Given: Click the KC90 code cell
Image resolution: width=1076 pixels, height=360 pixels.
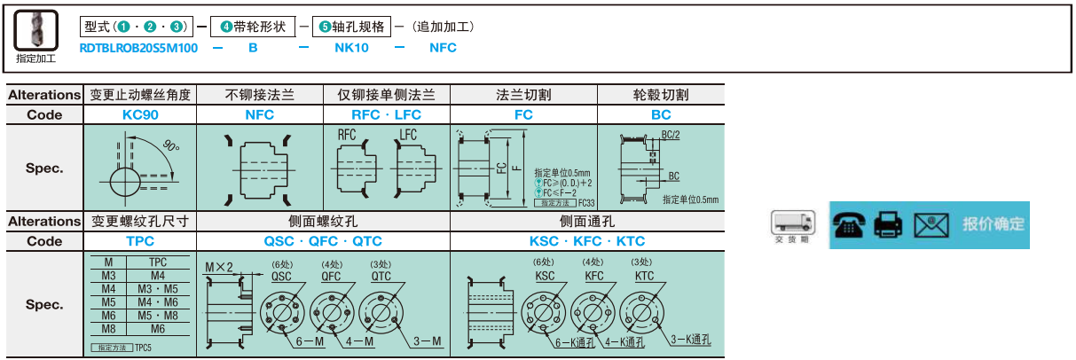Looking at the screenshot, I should tap(139, 114).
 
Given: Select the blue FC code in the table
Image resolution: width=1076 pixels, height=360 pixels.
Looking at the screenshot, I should tap(523, 114).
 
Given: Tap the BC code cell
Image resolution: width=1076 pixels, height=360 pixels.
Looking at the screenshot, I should tap(661, 114).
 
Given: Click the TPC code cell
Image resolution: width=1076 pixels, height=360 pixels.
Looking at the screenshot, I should tap(139, 241).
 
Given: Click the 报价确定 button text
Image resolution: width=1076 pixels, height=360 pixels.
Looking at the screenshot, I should tap(993, 224).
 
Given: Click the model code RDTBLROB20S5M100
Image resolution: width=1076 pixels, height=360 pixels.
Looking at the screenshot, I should tap(138, 48).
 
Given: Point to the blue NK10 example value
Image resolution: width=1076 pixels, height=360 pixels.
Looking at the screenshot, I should tap(351, 48).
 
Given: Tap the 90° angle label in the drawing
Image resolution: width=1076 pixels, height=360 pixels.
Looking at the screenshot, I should tap(172, 145).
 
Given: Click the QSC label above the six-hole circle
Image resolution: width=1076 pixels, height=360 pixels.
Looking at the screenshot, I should tap(282, 275).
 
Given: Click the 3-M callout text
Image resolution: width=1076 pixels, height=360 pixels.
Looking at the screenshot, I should tap(428, 342).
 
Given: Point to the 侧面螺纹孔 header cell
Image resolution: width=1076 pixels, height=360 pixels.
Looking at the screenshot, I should tap(323, 222).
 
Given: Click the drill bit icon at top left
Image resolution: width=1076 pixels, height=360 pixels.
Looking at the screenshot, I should tap(35, 29).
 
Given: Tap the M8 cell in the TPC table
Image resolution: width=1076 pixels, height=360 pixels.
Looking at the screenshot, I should tap(108, 327).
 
